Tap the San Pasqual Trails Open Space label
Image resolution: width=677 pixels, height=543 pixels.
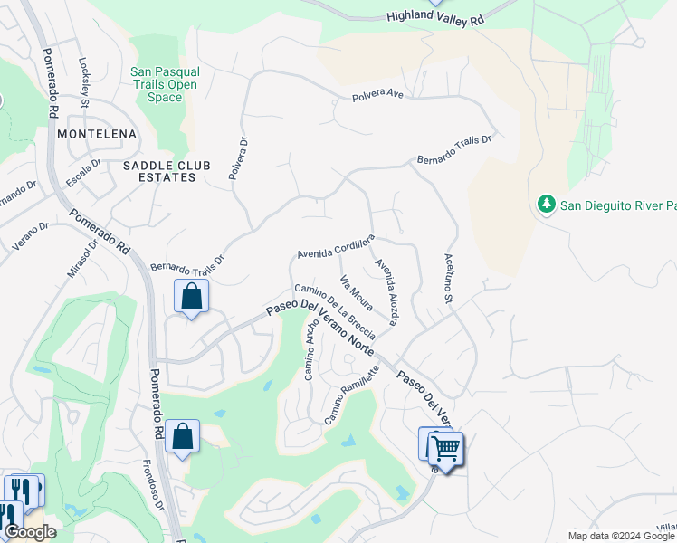165,84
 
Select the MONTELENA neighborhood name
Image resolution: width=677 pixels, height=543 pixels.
96,134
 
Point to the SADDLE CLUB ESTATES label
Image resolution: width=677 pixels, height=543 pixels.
159,171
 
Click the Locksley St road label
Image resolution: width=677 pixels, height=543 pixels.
85,84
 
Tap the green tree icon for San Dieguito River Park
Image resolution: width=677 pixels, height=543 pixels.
546,205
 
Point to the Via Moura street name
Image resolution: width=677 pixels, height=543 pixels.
356,291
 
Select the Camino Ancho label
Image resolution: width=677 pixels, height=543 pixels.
310,351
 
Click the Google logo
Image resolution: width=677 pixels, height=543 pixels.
30,532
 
